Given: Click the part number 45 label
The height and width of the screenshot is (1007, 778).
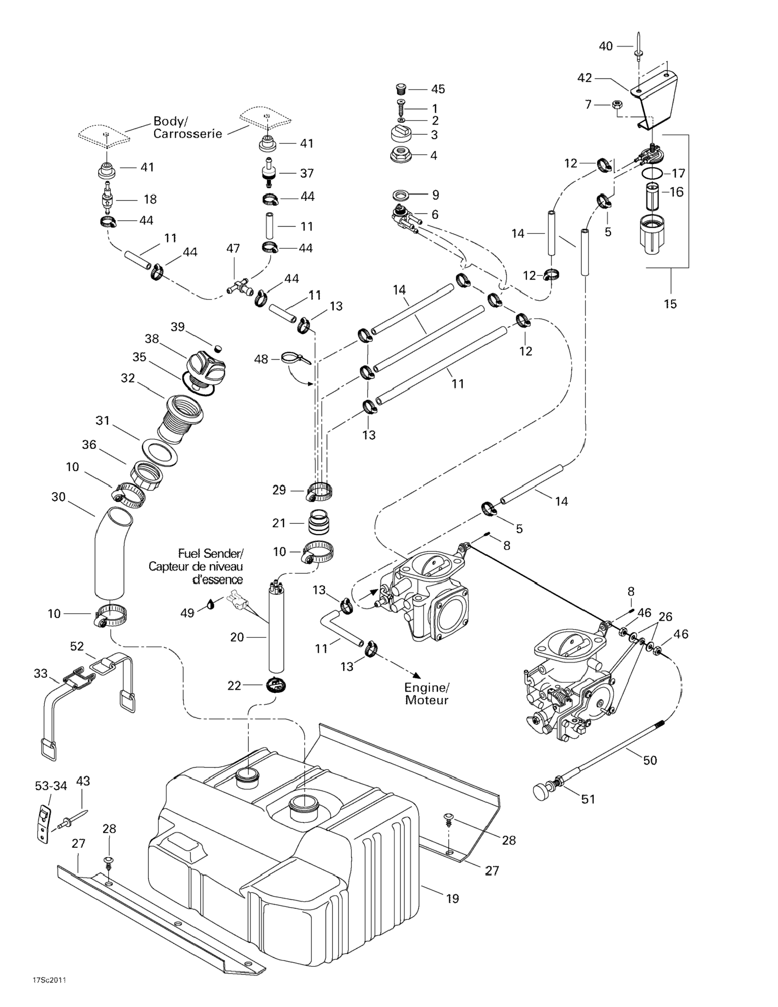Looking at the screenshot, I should pos(438,89).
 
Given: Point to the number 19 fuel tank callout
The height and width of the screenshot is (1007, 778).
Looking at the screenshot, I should pos(453,898).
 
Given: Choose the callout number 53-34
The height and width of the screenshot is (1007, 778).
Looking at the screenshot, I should pos(51,786).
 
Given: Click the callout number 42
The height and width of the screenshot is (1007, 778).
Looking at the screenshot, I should pos(585,78).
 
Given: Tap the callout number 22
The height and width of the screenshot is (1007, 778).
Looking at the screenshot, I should pos(234,686).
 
